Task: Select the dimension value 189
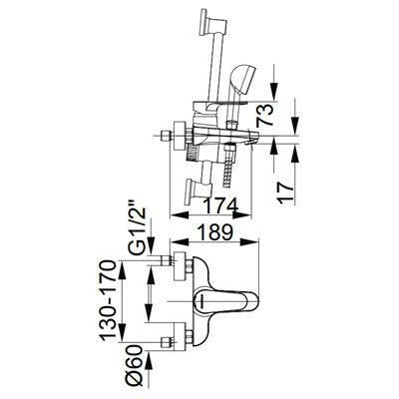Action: (x=214, y=232)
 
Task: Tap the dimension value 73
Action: (x=265, y=115)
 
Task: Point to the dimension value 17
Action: (x=285, y=190)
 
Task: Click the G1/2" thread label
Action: (x=137, y=230)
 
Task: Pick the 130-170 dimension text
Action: (x=109, y=300)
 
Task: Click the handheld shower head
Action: (x=241, y=80)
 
